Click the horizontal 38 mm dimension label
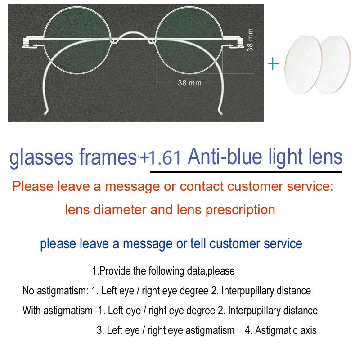[x=189, y=83]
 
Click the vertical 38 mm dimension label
[x=250, y=40]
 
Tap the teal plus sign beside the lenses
[x=274, y=64]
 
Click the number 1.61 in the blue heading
[x=165, y=158]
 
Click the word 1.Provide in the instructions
[x=108, y=271]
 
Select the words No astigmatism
[x=55, y=291]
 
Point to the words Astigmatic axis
[x=286, y=330]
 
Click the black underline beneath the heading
[x=246, y=172]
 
